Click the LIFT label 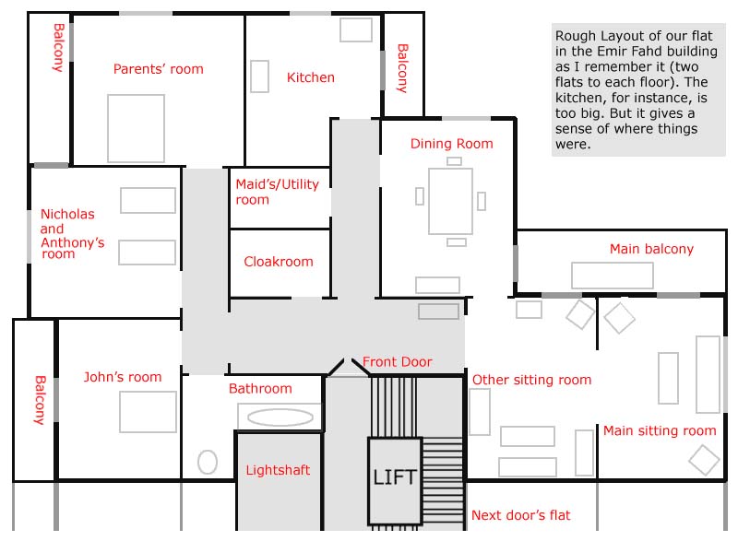395,477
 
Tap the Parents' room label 158,69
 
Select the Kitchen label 311,77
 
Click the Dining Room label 451,144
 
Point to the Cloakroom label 279,262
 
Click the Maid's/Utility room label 278,192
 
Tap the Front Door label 398,361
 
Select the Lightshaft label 278,470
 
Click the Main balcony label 651,249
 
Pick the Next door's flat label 520,515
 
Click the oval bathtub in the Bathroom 280,418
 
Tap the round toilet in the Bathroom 208,462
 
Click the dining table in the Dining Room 450,201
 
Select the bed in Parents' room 136,128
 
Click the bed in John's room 148,412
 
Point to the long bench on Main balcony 613,275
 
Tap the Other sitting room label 531,380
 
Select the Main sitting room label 660,430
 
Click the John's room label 123,377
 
